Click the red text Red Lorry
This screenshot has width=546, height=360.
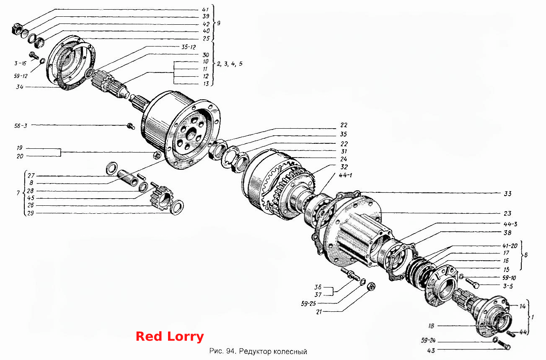(170, 337)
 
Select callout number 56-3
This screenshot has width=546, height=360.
(21, 126)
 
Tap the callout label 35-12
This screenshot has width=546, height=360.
(189, 47)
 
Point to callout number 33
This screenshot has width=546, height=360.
(507, 194)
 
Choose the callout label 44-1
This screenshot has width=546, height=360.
(345, 175)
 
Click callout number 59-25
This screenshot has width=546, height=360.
(308, 303)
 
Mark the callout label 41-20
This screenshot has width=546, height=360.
(510, 246)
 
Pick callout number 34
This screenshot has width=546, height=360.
(20, 87)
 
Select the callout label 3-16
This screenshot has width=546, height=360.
(20, 63)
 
